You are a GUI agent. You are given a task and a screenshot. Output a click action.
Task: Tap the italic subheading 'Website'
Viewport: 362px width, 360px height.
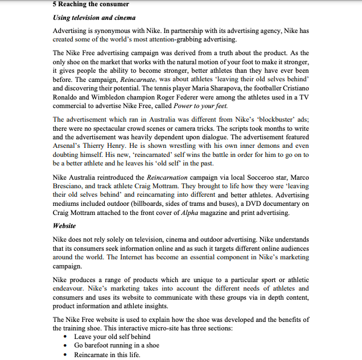coord(64,225)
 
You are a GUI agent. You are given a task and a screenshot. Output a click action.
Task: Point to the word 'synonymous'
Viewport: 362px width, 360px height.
coord(114,31)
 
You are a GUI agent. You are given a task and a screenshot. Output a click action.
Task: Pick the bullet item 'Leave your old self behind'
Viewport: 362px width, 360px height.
coord(112,337)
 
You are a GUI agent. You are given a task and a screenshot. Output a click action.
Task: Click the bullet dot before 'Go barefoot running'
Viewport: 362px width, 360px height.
coord(68,346)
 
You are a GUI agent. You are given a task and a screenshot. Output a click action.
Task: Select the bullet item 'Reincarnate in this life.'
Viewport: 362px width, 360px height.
coord(107,354)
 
